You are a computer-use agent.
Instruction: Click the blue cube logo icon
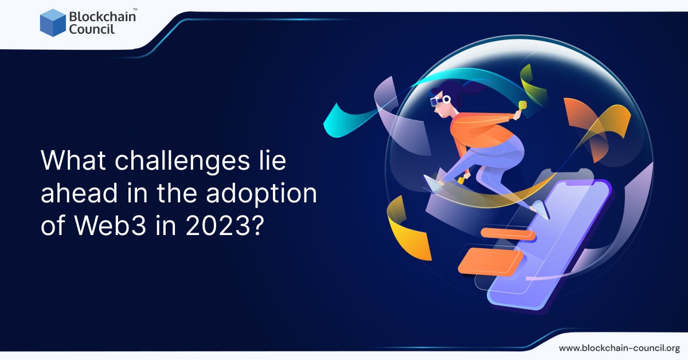pos(53,22)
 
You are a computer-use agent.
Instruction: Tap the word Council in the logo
pos(92,29)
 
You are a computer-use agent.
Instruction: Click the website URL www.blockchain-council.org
pos(619,348)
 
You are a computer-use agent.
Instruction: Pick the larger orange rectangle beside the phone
pos(490,261)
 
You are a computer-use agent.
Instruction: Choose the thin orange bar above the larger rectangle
pos(507,234)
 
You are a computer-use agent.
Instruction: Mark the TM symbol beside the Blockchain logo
pos(135,9)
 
